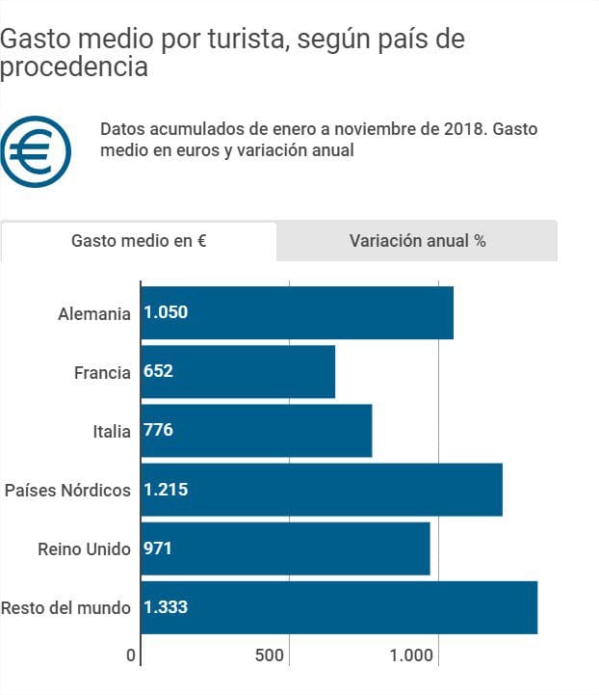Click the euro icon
(x=37, y=151)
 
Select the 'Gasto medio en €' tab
(x=139, y=241)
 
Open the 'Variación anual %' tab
(x=417, y=241)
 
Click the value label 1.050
(x=166, y=312)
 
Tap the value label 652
(x=159, y=371)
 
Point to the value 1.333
(x=166, y=607)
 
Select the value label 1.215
(x=166, y=490)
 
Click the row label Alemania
(x=93, y=313)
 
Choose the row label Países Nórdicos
(x=67, y=490)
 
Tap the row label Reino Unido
(x=83, y=548)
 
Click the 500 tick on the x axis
(x=270, y=655)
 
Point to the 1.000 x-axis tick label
(x=412, y=655)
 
